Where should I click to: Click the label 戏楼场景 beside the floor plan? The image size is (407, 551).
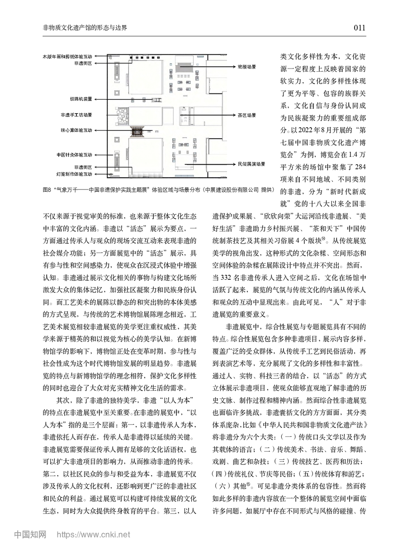[x=247, y=66]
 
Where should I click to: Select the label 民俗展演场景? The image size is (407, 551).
[x=251, y=164]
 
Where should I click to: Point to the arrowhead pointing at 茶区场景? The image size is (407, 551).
[x=181, y=116]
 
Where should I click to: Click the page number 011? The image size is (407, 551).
[x=359, y=28]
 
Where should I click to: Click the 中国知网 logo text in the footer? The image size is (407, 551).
[x=30, y=534]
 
